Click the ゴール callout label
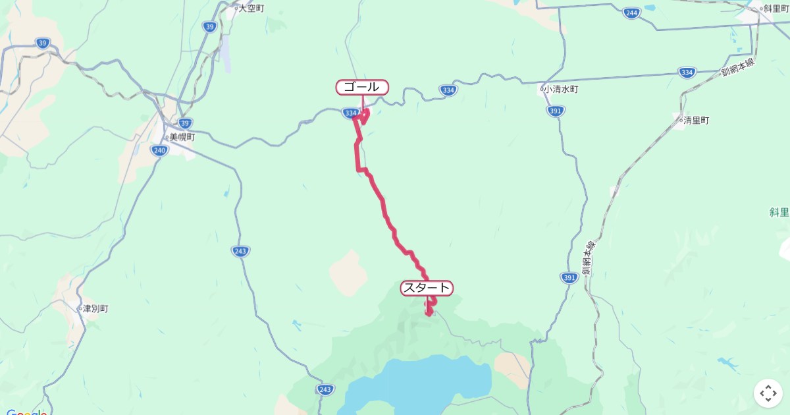pyautogui.click(x=362, y=87)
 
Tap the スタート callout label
pyautogui.click(x=427, y=288)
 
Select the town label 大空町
pyautogui.click(x=251, y=9)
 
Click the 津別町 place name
pyautogui.click(x=94, y=308)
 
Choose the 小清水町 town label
pyautogui.click(x=561, y=89)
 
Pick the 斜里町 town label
pyautogui.click(x=775, y=9)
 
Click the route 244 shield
pyautogui.click(x=631, y=13)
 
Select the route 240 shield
pyautogui.click(x=159, y=151)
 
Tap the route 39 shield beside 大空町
pyautogui.click(x=209, y=27)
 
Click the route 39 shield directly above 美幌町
pyautogui.click(x=185, y=123)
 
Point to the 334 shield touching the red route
pyautogui.click(x=350, y=113)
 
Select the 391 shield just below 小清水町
pyautogui.click(x=555, y=111)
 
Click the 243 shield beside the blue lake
pyautogui.click(x=325, y=389)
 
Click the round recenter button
pyautogui.click(x=768, y=393)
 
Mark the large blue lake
pyautogui.click(x=428, y=382)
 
